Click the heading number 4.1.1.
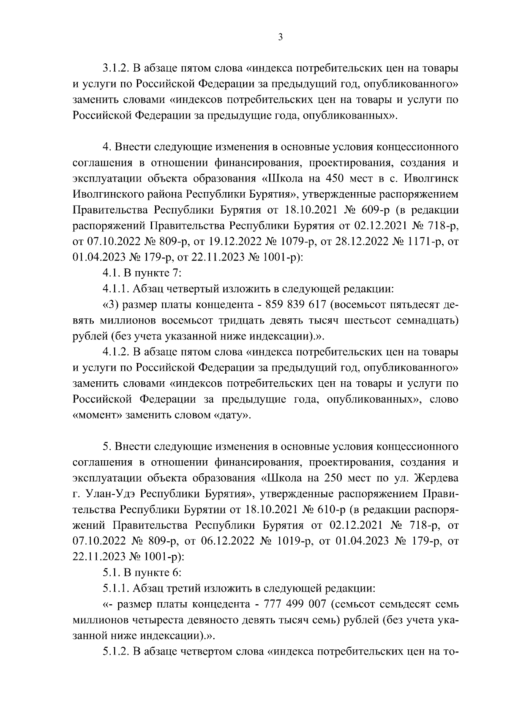tap(116, 289)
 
